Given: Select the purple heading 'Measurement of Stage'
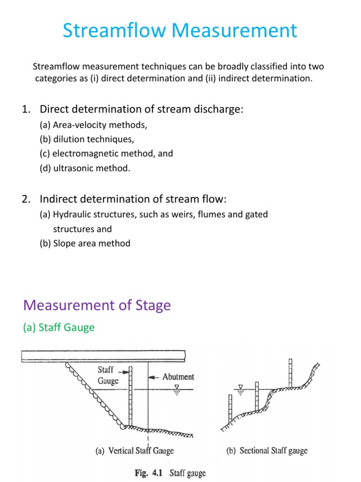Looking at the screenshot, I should [97, 305].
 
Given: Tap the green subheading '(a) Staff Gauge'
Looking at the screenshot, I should [58, 327].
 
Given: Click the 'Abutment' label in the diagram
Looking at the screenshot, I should [178, 377].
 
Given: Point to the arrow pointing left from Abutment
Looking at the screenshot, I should [155, 377].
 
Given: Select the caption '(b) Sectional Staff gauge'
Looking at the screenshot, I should [267, 450].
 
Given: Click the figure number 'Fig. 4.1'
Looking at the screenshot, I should [141, 473].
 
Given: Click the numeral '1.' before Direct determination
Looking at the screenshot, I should [25, 110].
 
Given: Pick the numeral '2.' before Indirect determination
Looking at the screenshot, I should [25, 199].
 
